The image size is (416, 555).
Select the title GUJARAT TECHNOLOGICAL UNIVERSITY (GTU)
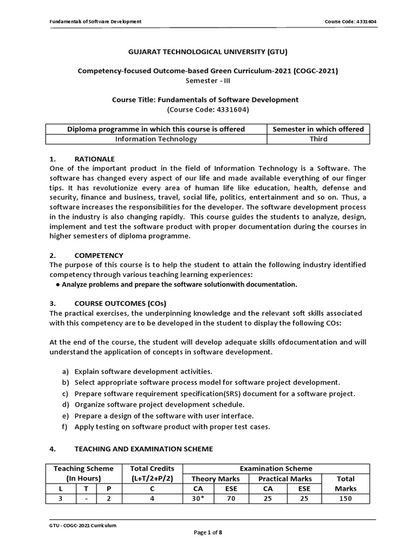(x=207, y=52)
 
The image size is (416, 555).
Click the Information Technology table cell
(x=157, y=139)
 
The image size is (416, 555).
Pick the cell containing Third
(x=318, y=139)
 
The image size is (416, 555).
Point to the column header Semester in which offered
(x=318, y=129)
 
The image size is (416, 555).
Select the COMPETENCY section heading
(x=99, y=255)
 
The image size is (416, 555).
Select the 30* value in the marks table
(x=199, y=498)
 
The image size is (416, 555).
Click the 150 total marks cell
(x=345, y=498)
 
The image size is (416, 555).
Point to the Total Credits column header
(x=153, y=468)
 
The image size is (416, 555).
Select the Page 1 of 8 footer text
(x=207, y=533)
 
